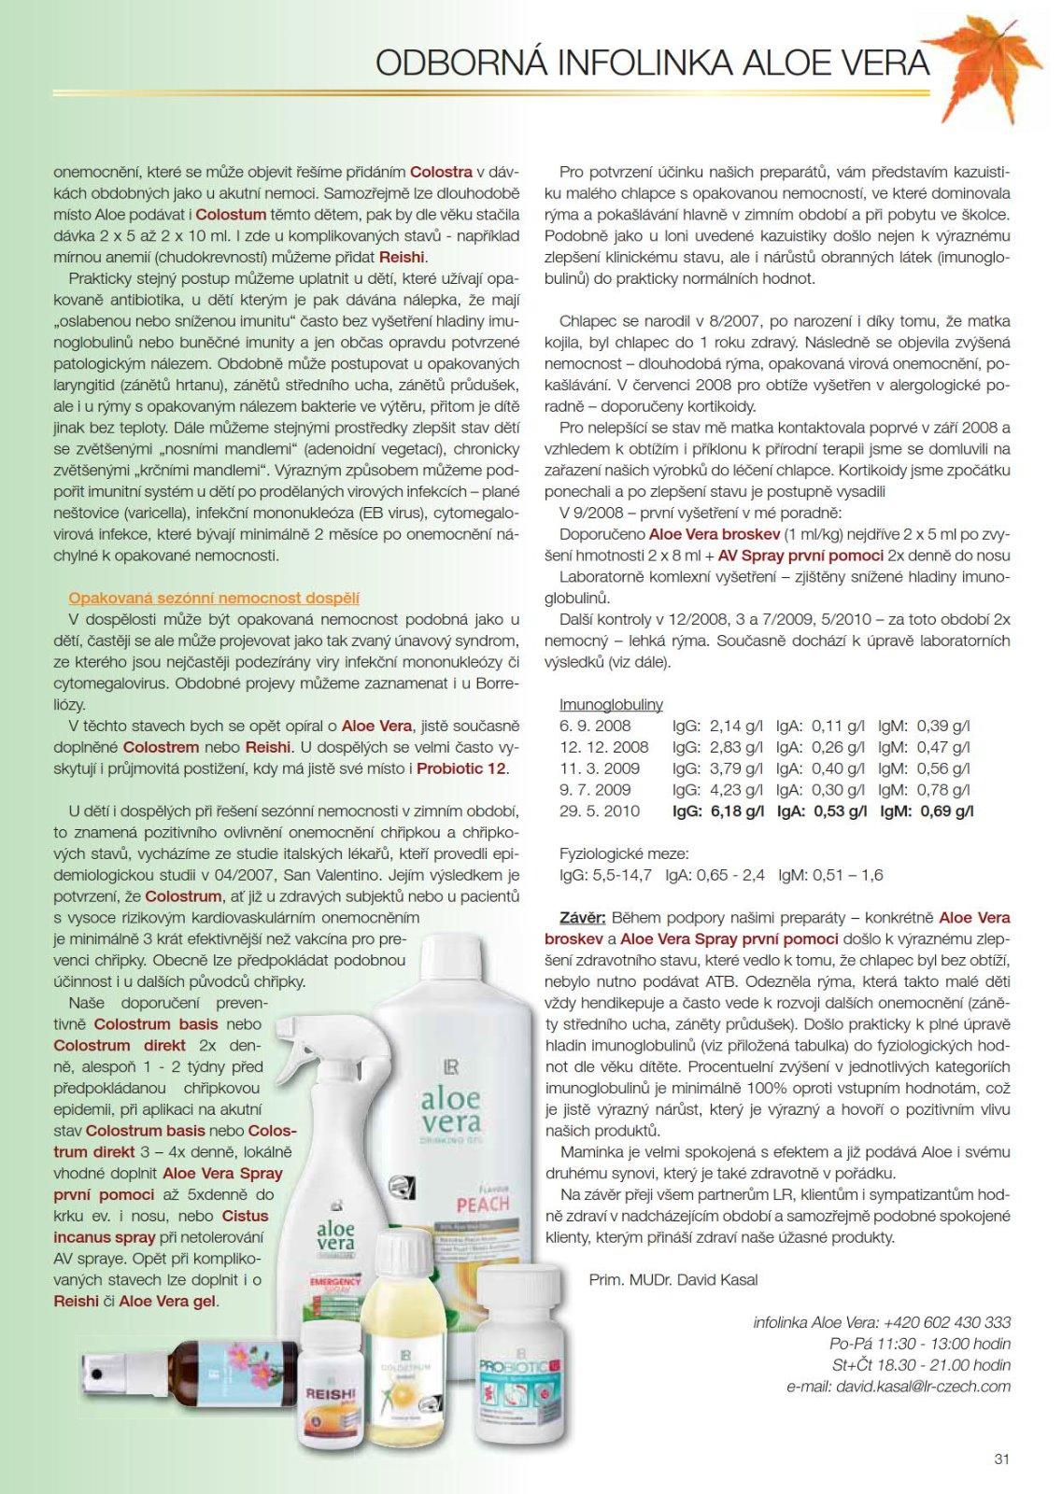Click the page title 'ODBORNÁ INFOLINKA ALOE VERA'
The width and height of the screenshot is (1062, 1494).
(652, 63)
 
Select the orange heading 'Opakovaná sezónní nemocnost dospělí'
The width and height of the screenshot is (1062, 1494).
(214, 599)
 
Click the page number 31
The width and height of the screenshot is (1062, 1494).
(1001, 1458)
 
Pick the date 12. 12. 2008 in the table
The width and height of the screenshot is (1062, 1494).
(603, 747)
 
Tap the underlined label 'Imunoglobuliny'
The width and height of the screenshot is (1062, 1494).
(611, 704)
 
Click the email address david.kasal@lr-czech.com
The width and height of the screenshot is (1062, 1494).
(923, 1386)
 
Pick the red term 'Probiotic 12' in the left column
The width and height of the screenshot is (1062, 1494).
(461, 768)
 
